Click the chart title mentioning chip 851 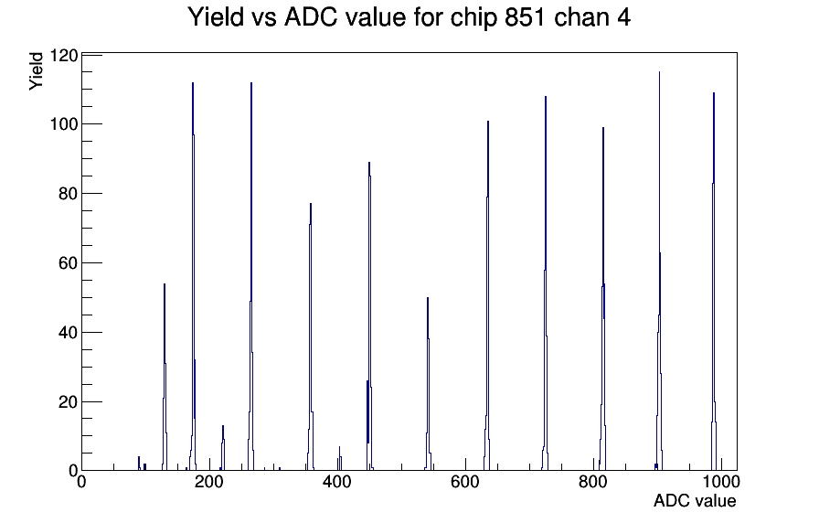409,17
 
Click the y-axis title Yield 36,71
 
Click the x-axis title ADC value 695,500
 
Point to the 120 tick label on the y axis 64,55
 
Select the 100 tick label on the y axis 64,124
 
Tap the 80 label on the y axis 69,194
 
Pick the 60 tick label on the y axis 69,263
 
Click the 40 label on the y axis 69,332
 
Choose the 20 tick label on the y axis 69,401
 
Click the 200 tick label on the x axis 209,481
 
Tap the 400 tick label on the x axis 337,481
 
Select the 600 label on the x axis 465,481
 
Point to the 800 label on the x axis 593,481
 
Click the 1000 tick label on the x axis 721,481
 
